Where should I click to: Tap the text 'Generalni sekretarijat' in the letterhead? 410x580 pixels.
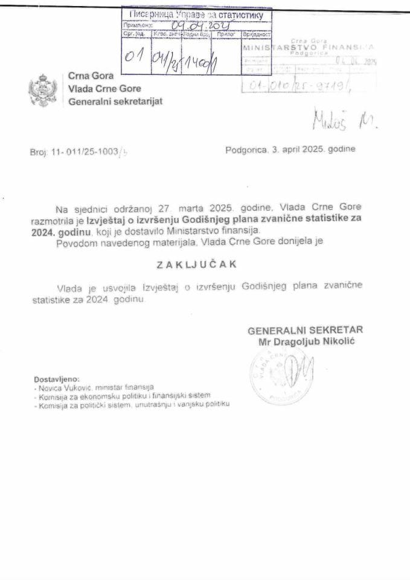point(115,101)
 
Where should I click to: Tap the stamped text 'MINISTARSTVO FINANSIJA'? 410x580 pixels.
point(308,46)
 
